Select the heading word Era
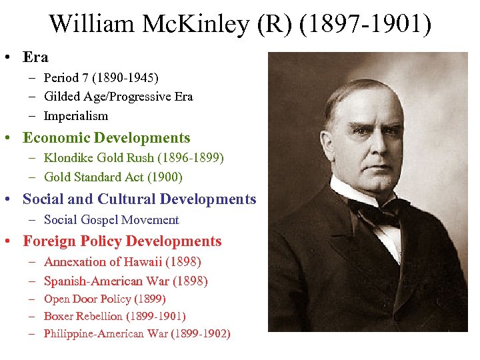pos(36,57)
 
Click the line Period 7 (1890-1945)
pos(101,78)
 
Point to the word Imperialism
pos(75,115)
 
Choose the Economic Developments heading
pos(107,138)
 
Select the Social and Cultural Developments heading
pos(139,199)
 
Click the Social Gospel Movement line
pos(111,219)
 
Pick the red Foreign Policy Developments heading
pos(122,241)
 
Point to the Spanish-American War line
pos(126,281)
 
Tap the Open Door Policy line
pos(105,299)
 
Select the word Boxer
pos(60,316)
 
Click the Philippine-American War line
pos(137,333)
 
